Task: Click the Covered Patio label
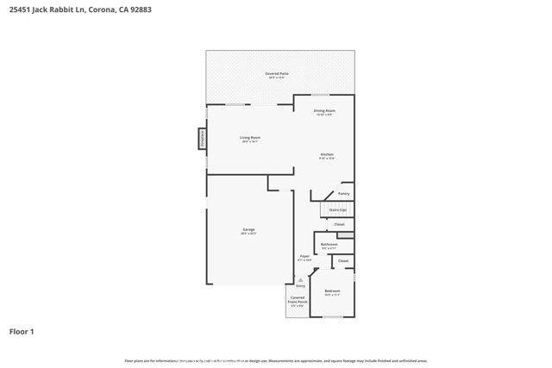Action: coord(276,74)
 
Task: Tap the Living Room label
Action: coord(250,138)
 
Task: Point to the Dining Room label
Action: coord(324,111)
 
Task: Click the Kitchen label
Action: coord(327,155)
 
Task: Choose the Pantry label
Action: coord(343,194)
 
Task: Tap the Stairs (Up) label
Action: coord(338,209)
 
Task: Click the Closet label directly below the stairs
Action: coord(339,225)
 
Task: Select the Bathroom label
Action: coord(329,245)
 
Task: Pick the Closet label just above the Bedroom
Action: coord(342,260)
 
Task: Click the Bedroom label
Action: coord(332,291)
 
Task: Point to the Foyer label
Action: coord(304,256)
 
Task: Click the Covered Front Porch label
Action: coord(298,301)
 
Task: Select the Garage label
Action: coord(248,230)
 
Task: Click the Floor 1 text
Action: coord(22,331)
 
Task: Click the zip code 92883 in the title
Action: coord(152,11)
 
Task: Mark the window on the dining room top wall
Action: coord(320,95)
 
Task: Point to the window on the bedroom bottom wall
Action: coord(332,317)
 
